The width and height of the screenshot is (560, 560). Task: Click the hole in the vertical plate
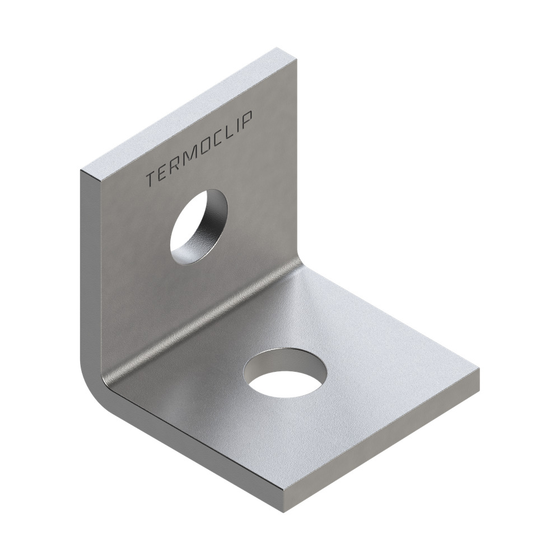click(x=199, y=226)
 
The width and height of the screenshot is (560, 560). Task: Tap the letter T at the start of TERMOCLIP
click(x=150, y=179)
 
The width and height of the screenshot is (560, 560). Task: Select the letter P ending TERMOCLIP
click(x=249, y=119)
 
